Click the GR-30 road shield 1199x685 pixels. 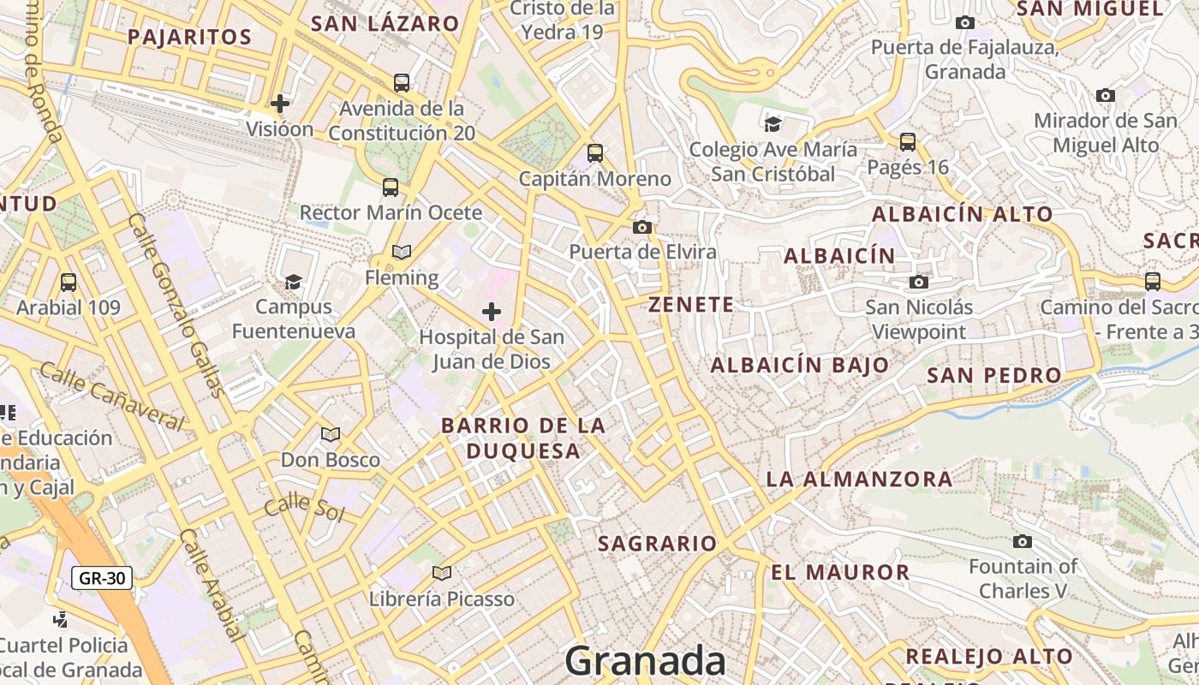click(102, 578)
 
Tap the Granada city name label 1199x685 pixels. click(645, 661)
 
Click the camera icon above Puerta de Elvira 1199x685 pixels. click(641, 227)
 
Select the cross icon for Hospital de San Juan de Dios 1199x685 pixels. click(492, 312)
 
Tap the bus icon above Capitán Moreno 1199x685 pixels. click(595, 153)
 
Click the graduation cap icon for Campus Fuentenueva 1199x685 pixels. click(294, 282)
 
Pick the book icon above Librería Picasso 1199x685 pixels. click(442, 573)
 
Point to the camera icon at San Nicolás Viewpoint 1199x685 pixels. click(919, 282)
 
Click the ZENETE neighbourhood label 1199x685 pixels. click(691, 305)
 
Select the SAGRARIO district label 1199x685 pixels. click(657, 544)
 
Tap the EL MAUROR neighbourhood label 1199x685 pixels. click(840, 573)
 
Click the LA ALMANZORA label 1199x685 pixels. click(859, 479)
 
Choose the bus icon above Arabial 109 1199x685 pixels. click(69, 282)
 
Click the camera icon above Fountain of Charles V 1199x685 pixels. click(1022, 541)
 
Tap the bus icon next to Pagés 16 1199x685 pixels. click(908, 141)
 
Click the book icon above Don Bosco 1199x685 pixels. click(331, 434)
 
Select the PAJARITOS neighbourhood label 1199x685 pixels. click(189, 37)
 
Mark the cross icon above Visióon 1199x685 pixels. click(279, 104)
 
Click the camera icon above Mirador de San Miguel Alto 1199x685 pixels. click(1106, 95)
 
